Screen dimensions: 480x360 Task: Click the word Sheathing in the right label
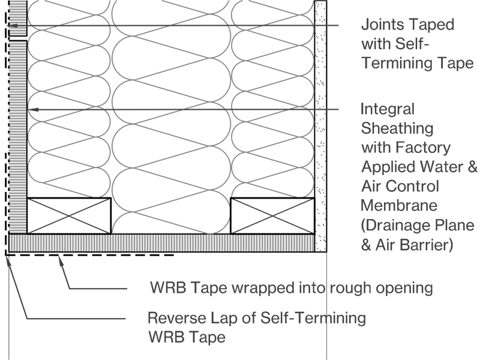[x=397, y=128]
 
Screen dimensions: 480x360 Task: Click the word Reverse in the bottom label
[x=174, y=317]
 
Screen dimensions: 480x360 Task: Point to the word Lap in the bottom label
[x=217, y=317]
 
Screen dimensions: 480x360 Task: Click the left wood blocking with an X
[x=69, y=215]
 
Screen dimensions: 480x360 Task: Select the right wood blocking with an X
[x=273, y=215]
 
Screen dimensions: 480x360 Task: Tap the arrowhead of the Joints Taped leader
[x=11, y=25]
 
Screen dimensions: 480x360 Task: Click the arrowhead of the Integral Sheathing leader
[x=33, y=109]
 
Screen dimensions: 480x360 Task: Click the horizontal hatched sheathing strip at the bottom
[x=162, y=243]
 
